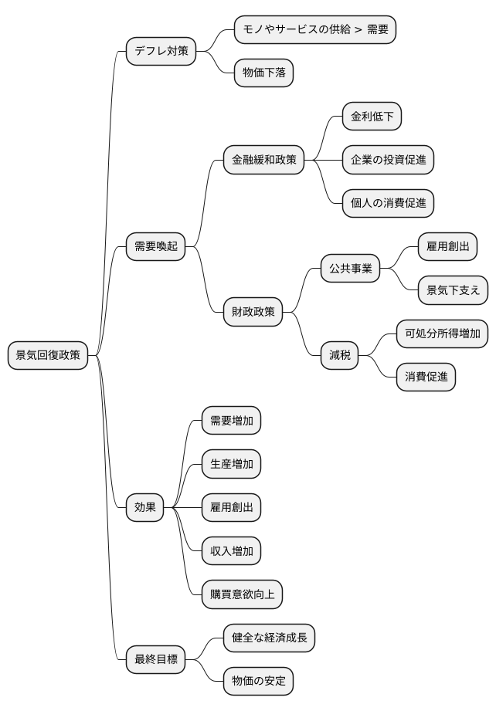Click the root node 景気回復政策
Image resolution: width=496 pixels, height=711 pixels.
coord(48,355)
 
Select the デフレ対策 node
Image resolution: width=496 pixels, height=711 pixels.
coord(161,52)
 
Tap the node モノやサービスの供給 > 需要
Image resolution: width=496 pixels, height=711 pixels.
coord(315,30)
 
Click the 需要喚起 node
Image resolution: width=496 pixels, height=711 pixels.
coord(155,247)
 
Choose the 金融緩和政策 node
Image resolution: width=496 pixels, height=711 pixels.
coord(263,161)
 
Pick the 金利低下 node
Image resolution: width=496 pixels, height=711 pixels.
coord(372,117)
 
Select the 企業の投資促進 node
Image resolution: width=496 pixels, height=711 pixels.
coord(388,161)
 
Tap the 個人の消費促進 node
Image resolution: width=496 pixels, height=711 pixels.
coord(388,204)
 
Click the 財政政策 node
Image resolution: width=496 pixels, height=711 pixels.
coord(253,312)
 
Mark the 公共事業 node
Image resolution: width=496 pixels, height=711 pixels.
coord(350,269)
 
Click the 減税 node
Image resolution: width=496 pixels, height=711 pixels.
coord(339,355)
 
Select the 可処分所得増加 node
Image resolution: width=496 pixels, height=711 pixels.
coord(442,333)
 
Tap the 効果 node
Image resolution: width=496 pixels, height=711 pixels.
coord(144,507)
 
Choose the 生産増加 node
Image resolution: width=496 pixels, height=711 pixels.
coord(231,464)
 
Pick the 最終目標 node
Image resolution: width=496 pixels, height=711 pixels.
coord(155,659)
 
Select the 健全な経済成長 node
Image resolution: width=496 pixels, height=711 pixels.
coord(269,638)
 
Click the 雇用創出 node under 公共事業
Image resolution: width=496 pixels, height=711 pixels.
coord(447,247)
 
